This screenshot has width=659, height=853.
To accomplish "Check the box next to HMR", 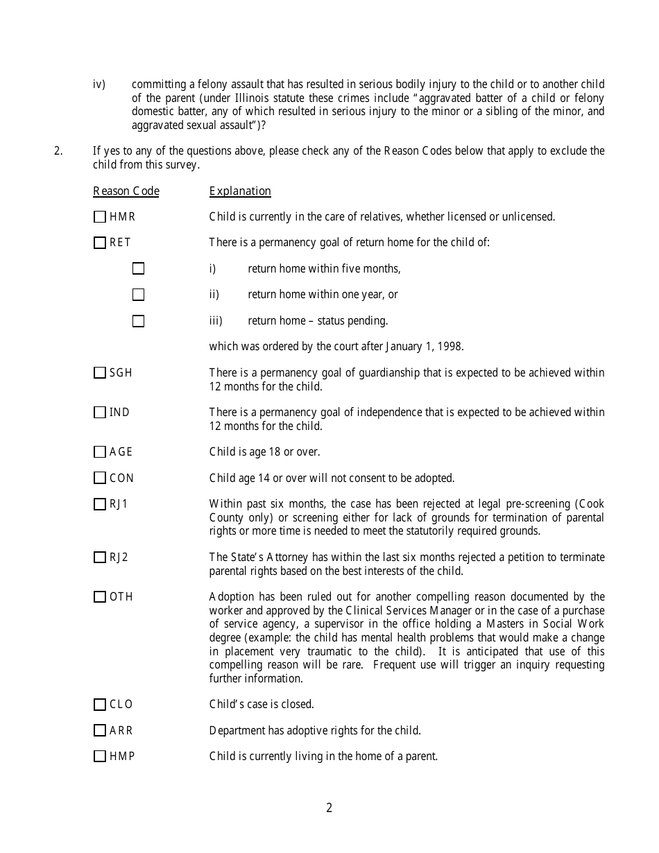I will point(100,217).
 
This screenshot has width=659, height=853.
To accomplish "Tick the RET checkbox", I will point(100,243).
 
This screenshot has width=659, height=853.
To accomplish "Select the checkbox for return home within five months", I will point(139,268).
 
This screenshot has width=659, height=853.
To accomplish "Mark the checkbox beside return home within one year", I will point(139,295).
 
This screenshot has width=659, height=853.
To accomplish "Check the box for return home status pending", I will point(139,321).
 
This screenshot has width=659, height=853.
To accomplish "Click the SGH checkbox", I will point(100,373).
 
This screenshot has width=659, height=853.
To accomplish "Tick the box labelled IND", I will point(100,413).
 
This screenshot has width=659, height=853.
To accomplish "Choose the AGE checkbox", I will point(100,452).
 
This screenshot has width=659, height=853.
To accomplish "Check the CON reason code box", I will point(100,478).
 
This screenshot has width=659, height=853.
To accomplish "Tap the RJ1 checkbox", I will point(100,504).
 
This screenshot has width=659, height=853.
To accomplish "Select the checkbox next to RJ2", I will point(100,558).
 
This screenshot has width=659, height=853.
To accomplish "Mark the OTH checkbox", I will point(100,597).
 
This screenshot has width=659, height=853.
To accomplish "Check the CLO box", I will point(100,705).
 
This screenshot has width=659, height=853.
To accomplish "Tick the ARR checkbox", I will point(100,730).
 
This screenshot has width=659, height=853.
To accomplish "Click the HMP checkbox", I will point(100,757).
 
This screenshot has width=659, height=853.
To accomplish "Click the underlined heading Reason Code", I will point(126,191).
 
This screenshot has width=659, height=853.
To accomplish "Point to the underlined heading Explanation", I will point(240,191).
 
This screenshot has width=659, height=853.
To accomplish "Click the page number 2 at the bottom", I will point(329,808).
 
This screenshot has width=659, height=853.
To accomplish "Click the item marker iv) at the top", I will point(99,85).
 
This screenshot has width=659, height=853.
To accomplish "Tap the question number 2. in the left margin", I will point(58,151).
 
